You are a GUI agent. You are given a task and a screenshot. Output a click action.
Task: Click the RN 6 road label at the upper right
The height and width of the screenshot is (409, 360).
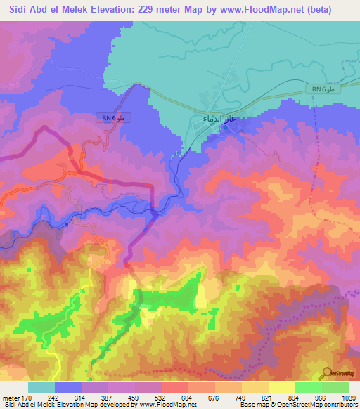point(324,89)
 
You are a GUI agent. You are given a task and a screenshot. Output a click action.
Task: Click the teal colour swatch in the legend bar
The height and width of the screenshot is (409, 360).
point(41,387)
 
